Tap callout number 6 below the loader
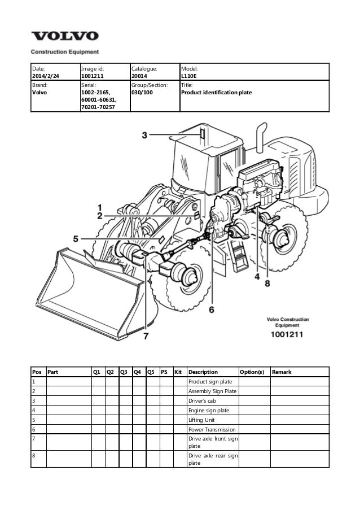coord(212,309)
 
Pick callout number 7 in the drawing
coord(146,335)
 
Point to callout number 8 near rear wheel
coord(267,282)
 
